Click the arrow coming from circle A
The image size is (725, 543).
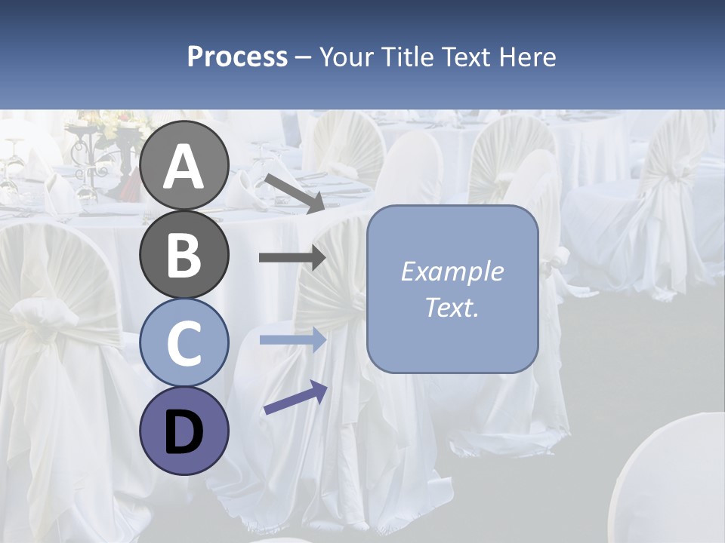coord(294,192)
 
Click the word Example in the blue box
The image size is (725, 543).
coord(452,271)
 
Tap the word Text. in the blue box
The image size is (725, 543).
coord(452,308)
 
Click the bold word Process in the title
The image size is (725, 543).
coord(237,57)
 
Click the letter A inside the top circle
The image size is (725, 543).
coord(184,166)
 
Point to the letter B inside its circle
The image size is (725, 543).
coord(184,255)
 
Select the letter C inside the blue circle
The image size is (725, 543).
coord(184,344)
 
